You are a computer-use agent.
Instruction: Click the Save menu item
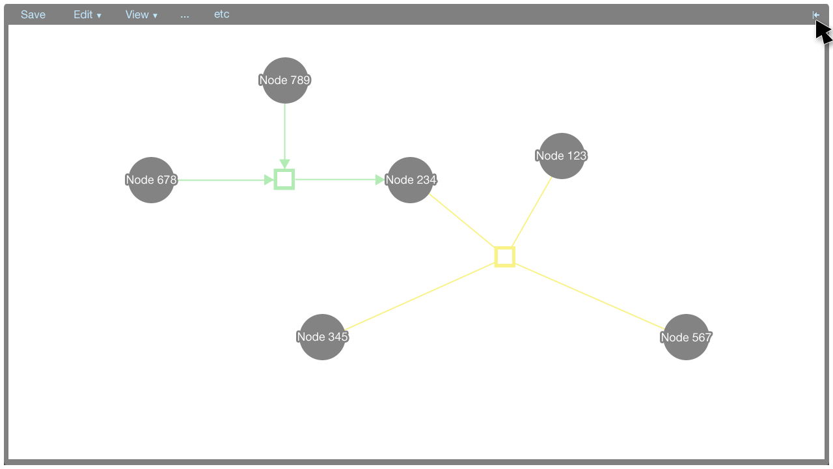pyautogui.click(x=33, y=14)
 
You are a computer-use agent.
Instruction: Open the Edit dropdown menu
pyautogui.click(x=87, y=14)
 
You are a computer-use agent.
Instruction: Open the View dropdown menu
pyautogui.click(x=141, y=14)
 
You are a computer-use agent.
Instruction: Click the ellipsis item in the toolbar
pyautogui.click(x=185, y=14)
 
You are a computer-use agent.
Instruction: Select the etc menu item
pyautogui.click(x=222, y=14)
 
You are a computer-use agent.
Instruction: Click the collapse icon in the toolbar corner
pyautogui.click(x=816, y=14)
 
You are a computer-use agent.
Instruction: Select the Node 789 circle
pyautogui.click(x=285, y=80)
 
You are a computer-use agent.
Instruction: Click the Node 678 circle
pyautogui.click(x=152, y=180)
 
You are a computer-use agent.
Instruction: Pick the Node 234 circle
pyautogui.click(x=410, y=180)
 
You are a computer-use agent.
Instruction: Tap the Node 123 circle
pyautogui.click(x=562, y=156)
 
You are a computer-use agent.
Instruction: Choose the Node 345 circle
pyautogui.click(x=322, y=337)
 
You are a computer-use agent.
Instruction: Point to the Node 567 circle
pyautogui.click(x=686, y=337)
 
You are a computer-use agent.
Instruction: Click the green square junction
pyautogui.click(x=284, y=179)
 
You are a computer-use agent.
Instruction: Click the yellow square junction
pyautogui.click(x=505, y=257)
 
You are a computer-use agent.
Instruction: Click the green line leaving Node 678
pyautogui.click(x=221, y=180)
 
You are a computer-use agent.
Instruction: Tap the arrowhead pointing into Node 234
pyautogui.click(x=381, y=180)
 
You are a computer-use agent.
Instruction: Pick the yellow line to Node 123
pyautogui.click(x=532, y=212)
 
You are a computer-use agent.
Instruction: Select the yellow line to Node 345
pyautogui.click(x=420, y=296)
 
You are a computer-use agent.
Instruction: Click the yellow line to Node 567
pyautogui.click(x=589, y=296)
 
